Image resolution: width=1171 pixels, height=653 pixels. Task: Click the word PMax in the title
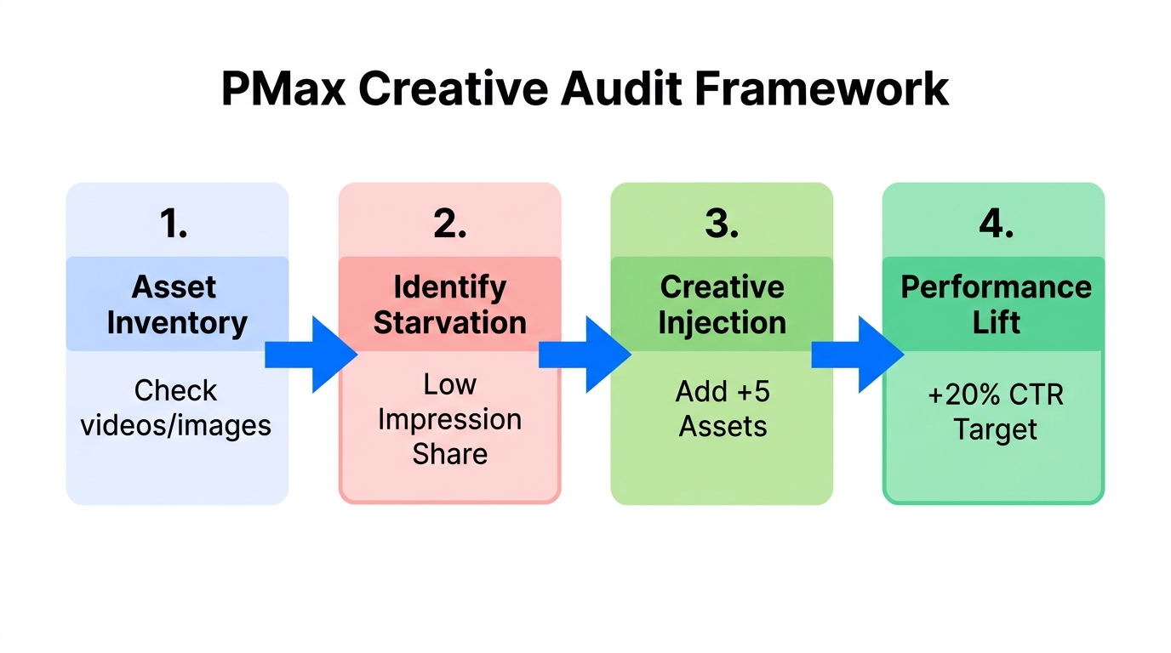click(x=283, y=88)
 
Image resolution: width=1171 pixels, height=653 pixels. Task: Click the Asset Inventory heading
click(x=177, y=304)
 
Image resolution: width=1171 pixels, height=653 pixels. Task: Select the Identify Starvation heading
click(x=449, y=304)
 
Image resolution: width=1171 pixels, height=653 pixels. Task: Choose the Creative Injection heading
click(x=722, y=304)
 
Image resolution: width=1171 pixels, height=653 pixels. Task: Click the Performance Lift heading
click(x=996, y=304)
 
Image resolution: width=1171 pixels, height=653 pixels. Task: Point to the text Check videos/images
click(x=176, y=407)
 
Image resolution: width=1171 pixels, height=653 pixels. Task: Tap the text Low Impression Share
click(x=449, y=418)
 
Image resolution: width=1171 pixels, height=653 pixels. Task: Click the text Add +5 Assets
click(x=723, y=408)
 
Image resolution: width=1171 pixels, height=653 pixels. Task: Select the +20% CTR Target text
click(x=996, y=412)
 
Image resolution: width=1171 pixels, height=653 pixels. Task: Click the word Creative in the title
click(x=454, y=88)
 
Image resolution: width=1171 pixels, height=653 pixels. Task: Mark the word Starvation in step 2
click(x=449, y=323)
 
